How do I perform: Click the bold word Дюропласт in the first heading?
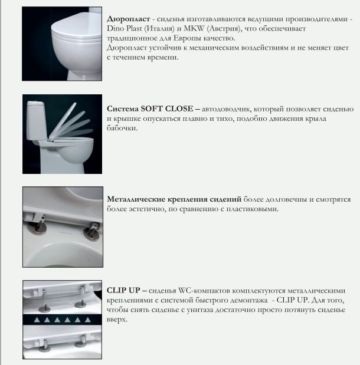pyautogui.click(x=127, y=20)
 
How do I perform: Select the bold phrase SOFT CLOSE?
pyautogui.click(x=166, y=110)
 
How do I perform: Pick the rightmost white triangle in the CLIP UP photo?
pyautogui.click(x=87, y=319)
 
